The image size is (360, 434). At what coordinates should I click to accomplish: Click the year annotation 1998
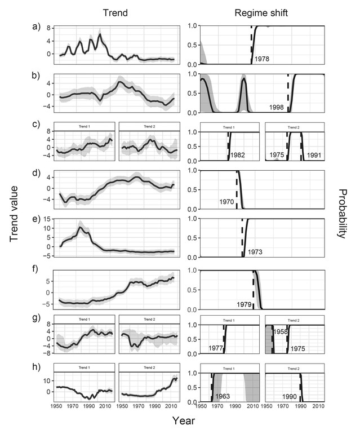pyautogui.click(x=277, y=107)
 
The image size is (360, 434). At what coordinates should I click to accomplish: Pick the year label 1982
pyautogui.click(x=238, y=154)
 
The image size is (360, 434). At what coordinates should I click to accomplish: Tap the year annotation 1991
pyautogui.click(x=313, y=154)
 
